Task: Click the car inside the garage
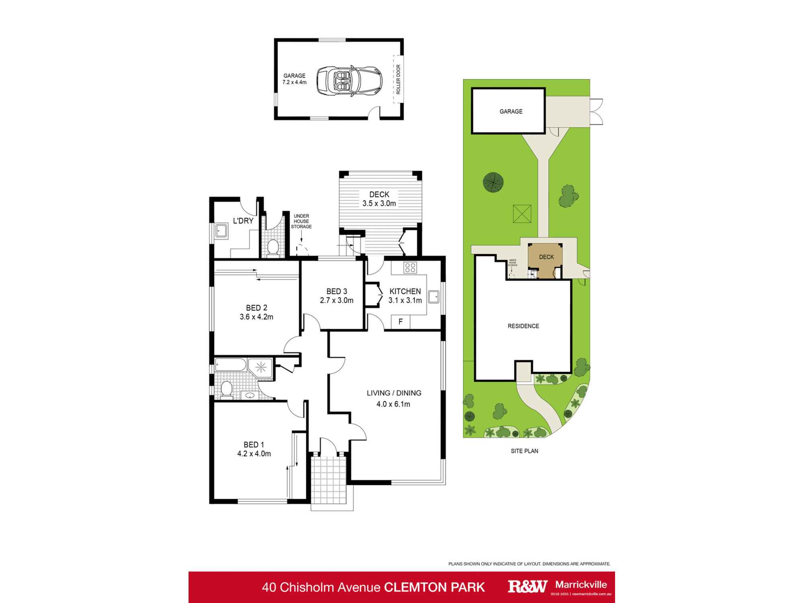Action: [x=349, y=81]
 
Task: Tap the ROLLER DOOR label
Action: [x=398, y=79]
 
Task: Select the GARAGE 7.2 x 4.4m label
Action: [x=294, y=79]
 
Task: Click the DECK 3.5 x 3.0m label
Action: [x=379, y=199]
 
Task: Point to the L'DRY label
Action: [x=243, y=221]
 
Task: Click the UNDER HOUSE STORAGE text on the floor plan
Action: [x=301, y=222]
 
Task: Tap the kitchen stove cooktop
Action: [x=410, y=267]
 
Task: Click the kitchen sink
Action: [x=434, y=297]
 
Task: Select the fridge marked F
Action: [x=400, y=322]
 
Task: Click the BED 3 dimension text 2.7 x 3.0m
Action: [x=336, y=300]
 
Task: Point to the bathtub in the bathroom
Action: [x=230, y=365]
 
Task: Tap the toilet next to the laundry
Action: [x=273, y=247]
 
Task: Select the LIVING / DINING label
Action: [x=394, y=393]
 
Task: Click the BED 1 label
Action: [x=254, y=445]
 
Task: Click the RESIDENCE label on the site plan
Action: [x=523, y=326]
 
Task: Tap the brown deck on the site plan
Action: [x=546, y=260]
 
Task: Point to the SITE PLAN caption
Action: [x=524, y=451]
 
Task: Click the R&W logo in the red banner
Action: [x=527, y=587]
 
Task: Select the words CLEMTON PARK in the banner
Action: [x=435, y=587]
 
